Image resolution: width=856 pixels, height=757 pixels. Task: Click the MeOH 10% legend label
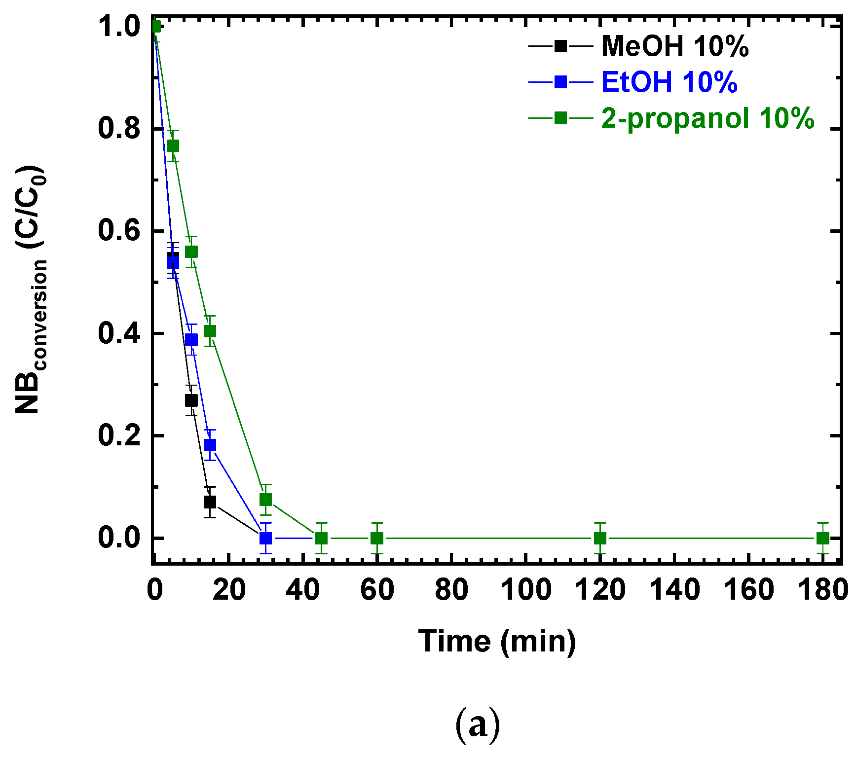pyautogui.click(x=674, y=46)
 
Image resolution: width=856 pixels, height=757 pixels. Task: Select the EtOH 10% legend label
pyautogui.click(x=669, y=82)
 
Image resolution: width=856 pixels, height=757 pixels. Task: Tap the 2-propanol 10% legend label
pyautogui.click(x=707, y=118)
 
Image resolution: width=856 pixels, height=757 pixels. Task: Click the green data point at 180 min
pyautogui.click(x=822, y=538)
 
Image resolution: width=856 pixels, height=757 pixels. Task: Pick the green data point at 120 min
pyautogui.click(x=600, y=538)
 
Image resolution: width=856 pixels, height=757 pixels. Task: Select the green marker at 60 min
pyautogui.click(x=377, y=538)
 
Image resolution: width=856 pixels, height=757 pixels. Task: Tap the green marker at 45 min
pyautogui.click(x=321, y=538)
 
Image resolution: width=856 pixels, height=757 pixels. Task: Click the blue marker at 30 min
pyautogui.click(x=265, y=538)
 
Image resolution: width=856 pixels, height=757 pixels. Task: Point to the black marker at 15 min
pyautogui.click(x=210, y=502)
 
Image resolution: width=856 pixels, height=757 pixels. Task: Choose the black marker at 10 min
pyautogui.click(x=191, y=400)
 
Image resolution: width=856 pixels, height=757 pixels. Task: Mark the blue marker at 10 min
pyautogui.click(x=191, y=339)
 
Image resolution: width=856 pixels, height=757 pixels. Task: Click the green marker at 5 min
pyautogui.click(x=173, y=145)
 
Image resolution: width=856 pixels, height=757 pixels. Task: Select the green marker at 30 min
pyautogui.click(x=265, y=500)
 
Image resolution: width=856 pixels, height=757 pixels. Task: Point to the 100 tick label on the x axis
pyautogui.click(x=526, y=590)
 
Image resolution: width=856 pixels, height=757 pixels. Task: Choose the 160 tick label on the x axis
pyautogui.click(x=748, y=590)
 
